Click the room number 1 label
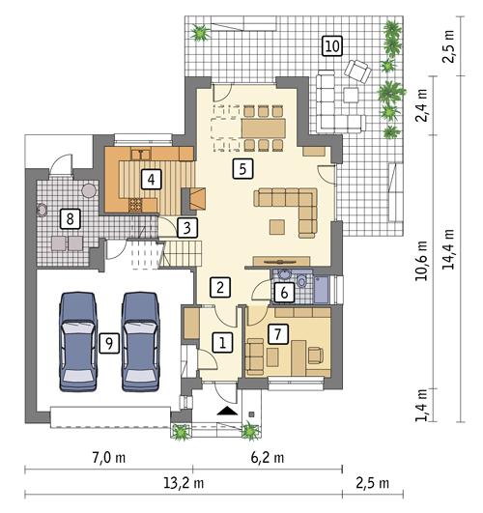point(222,342)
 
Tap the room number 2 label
point(221,287)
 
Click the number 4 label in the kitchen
point(150,179)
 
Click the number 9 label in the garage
point(109,341)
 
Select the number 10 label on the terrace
point(331,46)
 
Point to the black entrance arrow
point(226,411)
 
